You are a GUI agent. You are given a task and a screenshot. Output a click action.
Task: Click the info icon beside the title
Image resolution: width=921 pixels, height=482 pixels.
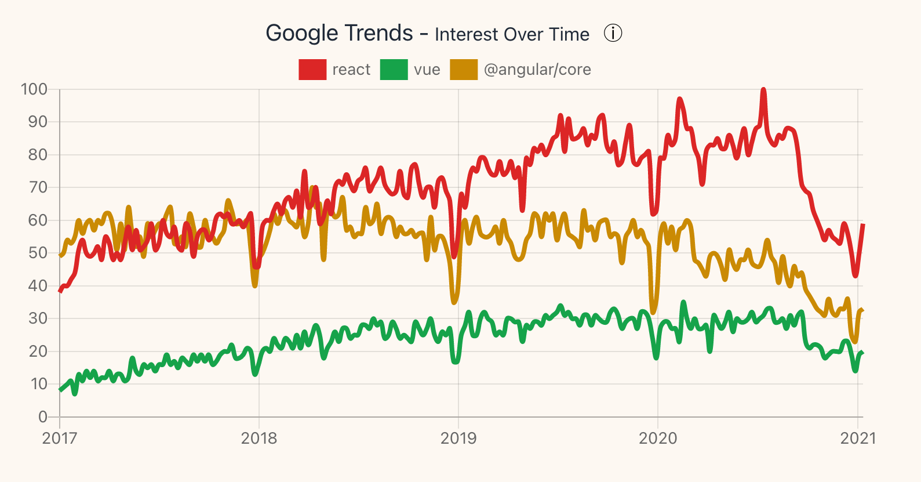pyautogui.click(x=613, y=34)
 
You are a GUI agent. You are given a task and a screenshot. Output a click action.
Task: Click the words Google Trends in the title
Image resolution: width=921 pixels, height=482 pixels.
pyautogui.click(x=339, y=33)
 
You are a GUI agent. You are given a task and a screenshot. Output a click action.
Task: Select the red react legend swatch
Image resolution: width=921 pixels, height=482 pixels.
pyautogui.click(x=312, y=70)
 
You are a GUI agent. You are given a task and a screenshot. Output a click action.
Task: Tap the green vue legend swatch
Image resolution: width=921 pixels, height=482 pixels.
pyautogui.click(x=394, y=70)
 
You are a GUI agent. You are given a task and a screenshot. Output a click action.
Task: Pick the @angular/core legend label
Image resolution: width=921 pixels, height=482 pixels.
pyautogui.click(x=537, y=70)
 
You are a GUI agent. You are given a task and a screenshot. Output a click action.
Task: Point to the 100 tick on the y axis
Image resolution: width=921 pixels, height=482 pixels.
pyautogui.click(x=34, y=89)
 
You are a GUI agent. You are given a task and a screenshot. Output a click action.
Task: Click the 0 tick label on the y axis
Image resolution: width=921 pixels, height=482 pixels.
pyautogui.click(x=42, y=416)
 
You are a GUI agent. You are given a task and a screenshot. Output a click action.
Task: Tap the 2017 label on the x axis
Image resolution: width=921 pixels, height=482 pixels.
pyautogui.click(x=60, y=438)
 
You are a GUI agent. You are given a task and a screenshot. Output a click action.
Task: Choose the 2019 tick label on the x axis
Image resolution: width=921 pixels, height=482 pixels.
pyautogui.click(x=458, y=438)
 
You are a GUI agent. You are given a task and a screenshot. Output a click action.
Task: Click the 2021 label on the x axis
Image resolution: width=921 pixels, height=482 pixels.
pyautogui.click(x=858, y=438)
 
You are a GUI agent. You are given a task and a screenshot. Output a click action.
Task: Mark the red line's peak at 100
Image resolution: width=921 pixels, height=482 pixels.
pyautogui.click(x=763, y=90)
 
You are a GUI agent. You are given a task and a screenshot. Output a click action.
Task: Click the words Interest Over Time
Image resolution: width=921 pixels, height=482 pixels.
pyautogui.click(x=512, y=34)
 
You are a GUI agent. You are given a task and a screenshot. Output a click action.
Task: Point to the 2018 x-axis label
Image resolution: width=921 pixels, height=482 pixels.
pyautogui.click(x=259, y=438)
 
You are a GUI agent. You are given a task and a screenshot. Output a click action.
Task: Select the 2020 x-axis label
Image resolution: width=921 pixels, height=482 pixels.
pyautogui.click(x=658, y=438)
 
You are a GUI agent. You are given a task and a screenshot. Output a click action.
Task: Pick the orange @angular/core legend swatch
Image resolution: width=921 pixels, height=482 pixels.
pyautogui.click(x=464, y=70)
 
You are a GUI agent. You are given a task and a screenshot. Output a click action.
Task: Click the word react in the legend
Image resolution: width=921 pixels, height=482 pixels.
pyautogui.click(x=351, y=70)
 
